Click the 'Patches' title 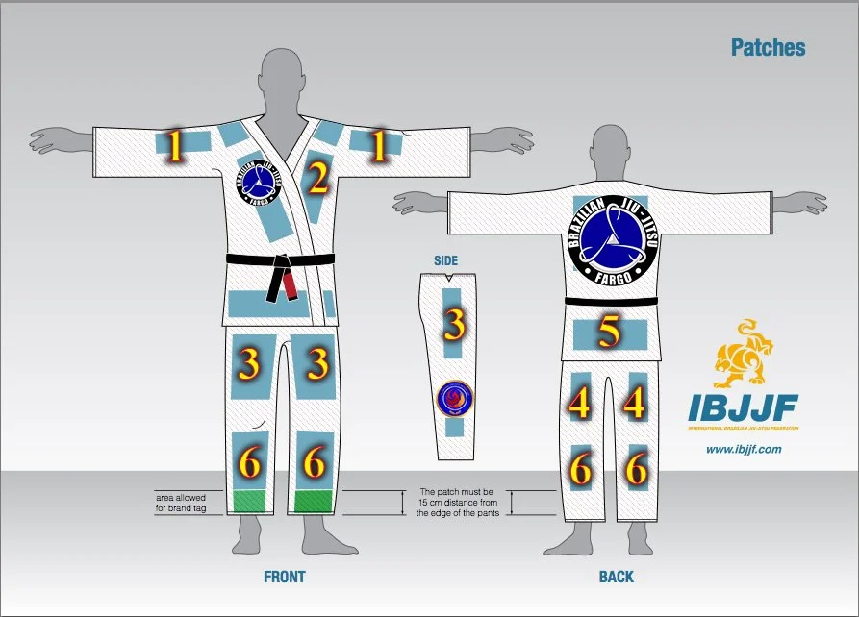(768, 47)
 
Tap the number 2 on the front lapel (318, 179)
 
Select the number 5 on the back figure (609, 333)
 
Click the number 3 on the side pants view (453, 327)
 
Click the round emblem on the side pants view (452, 396)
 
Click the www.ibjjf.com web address (743, 449)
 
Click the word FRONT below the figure (285, 577)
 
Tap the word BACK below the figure (617, 577)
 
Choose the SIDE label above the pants (446, 260)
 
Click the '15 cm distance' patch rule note (456, 502)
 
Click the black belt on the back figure (612, 302)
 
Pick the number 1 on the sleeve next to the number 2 (379, 146)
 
